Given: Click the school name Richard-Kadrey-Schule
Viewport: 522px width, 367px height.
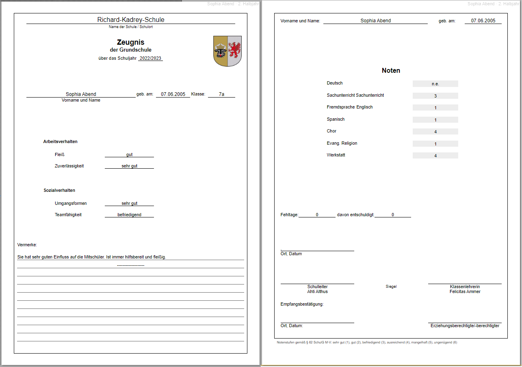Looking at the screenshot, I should click(131, 20).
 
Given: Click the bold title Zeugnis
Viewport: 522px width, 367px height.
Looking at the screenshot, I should click(131, 42).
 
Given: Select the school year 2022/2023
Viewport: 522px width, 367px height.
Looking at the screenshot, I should click(150, 58).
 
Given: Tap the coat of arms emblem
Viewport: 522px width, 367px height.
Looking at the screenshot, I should click(227, 51).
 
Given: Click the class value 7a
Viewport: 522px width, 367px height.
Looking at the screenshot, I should click(221, 94).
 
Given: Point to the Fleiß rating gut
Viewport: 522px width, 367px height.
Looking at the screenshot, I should click(129, 154).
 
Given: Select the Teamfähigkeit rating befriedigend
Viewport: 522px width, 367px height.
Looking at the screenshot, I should click(129, 215).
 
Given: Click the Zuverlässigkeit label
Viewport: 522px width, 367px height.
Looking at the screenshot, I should click(69, 166).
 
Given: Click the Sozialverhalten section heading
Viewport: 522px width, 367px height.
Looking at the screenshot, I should click(59, 190).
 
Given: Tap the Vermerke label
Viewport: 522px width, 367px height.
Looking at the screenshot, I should click(27, 245).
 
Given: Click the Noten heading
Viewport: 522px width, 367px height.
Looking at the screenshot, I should click(391, 71).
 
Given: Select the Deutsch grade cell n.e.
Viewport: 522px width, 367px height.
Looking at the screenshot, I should click(435, 84).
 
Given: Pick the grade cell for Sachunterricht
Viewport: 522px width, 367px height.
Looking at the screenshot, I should click(435, 96).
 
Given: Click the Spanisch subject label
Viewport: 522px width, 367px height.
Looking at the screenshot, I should click(336, 119).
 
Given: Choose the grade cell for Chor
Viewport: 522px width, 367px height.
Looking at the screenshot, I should click(435, 132).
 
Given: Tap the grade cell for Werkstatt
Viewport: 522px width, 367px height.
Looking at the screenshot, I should click(435, 156).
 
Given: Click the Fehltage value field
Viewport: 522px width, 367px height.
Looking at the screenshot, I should click(317, 215).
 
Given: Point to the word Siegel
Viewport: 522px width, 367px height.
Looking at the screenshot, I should click(391, 287).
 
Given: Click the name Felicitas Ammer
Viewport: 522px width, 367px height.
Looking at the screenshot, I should click(465, 291).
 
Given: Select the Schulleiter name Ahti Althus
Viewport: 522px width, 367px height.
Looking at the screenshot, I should click(317, 291).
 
